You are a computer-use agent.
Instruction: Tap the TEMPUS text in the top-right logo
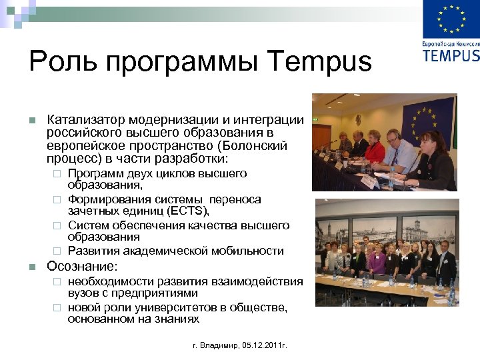451,54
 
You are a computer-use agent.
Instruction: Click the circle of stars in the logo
451,19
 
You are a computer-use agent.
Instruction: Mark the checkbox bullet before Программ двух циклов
57,174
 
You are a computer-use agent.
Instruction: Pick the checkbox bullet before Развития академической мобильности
57,251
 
